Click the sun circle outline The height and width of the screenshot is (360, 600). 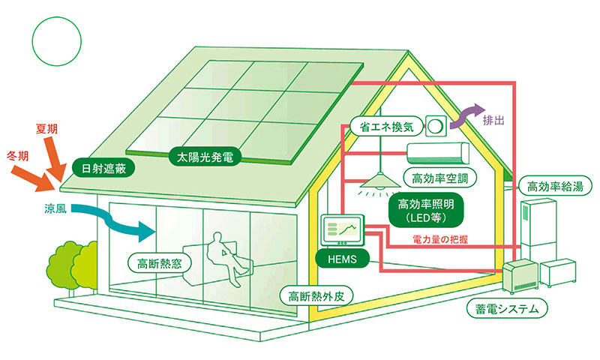pos(57,16)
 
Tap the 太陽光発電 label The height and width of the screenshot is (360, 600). pos(205,157)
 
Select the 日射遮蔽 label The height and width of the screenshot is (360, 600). pos(103,168)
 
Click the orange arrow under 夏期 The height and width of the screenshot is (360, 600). pos(54,158)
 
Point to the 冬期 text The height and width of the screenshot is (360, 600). pos(18,156)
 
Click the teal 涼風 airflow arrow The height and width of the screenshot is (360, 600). pos(115,221)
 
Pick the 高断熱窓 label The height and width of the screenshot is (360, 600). pos(160,263)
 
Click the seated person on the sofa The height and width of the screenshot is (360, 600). pos(226,256)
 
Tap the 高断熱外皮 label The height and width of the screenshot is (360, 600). pos(316,296)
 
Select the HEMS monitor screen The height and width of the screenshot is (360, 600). pos(342,230)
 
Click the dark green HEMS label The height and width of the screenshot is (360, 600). pos(342,259)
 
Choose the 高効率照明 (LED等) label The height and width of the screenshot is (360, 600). pos(426,210)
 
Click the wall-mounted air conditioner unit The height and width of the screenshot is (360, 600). pos(438,154)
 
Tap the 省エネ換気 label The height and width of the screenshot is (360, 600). pos(387,127)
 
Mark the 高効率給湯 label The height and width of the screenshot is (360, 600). pos(555,187)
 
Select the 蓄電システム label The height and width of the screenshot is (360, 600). pos(507,308)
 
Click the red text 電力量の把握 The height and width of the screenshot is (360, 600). pos(440,239)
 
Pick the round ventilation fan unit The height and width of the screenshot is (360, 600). pos(436,125)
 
